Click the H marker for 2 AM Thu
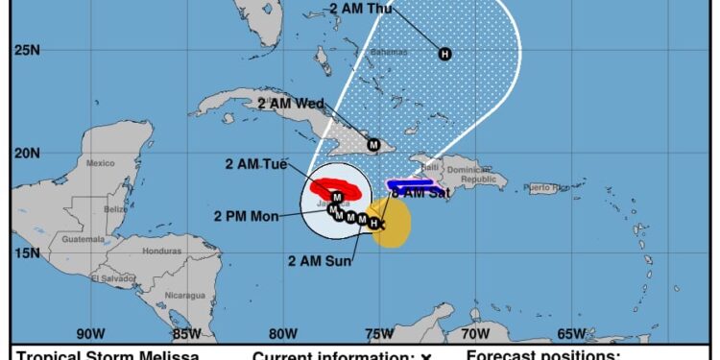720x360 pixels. coord(444,54)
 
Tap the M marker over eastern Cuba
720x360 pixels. coord(374,145)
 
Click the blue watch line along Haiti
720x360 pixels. coord(413,183)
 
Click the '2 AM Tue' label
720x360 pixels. coord(255,165)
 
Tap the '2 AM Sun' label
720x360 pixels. coord(318,259)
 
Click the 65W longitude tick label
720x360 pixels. coord(571,334)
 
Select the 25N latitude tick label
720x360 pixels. coord(25,48)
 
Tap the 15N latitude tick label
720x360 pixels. coord(25,253)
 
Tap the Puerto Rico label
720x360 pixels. coord(545,186)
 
